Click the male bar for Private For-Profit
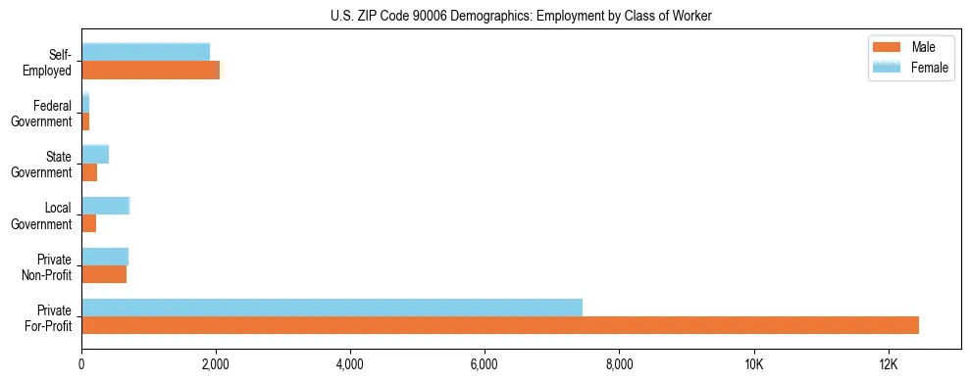(x=500, y=325)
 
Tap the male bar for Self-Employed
(x=150, y=70)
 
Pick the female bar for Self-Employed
(x=145, y=52)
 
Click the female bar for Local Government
(x=105, y=206)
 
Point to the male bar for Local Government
(x=88, y=223)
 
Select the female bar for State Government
(x=95, y=154)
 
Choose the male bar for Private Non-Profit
(x=104, y=274)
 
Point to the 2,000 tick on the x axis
(x=216, y=364)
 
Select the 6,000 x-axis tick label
(x=485, y=364)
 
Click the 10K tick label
(x=753, y=364)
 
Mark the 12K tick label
(x=888, y=364)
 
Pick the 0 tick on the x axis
(x=81, y=364)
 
